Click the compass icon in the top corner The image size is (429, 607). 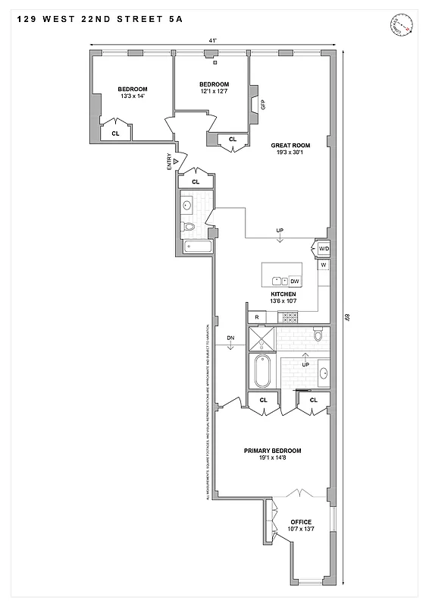pyautogui.click(x=401, y=25)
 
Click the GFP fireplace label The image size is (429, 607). pyautogui.click(x=263, y=105)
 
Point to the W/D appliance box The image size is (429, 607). pyautogui.click(x=323, y=248)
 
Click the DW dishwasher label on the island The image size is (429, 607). pyautogui.click(x=295, y=281)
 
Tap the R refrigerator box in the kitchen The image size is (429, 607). pyautogui.click(x=257, y=316)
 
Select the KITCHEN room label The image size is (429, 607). pyautogui.click(x=283, y=294)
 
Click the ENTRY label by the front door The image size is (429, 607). pyautogui.click(x=169, y=162)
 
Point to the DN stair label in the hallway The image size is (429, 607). pyautogui.click(x=230, y=338)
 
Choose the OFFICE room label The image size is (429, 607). pyautogui.click(x=301, y=521)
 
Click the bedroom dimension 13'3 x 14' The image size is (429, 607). pyautogui.click(x=132, y=96)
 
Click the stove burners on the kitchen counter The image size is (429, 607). pyautogui.click(x=289, y=316)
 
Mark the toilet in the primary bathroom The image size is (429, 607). pyautogui.click(x=318, y=335)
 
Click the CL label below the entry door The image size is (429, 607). pyautogui.click(x=196, y=182)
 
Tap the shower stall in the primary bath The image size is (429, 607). pyautogui.click(x=261, y=338)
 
